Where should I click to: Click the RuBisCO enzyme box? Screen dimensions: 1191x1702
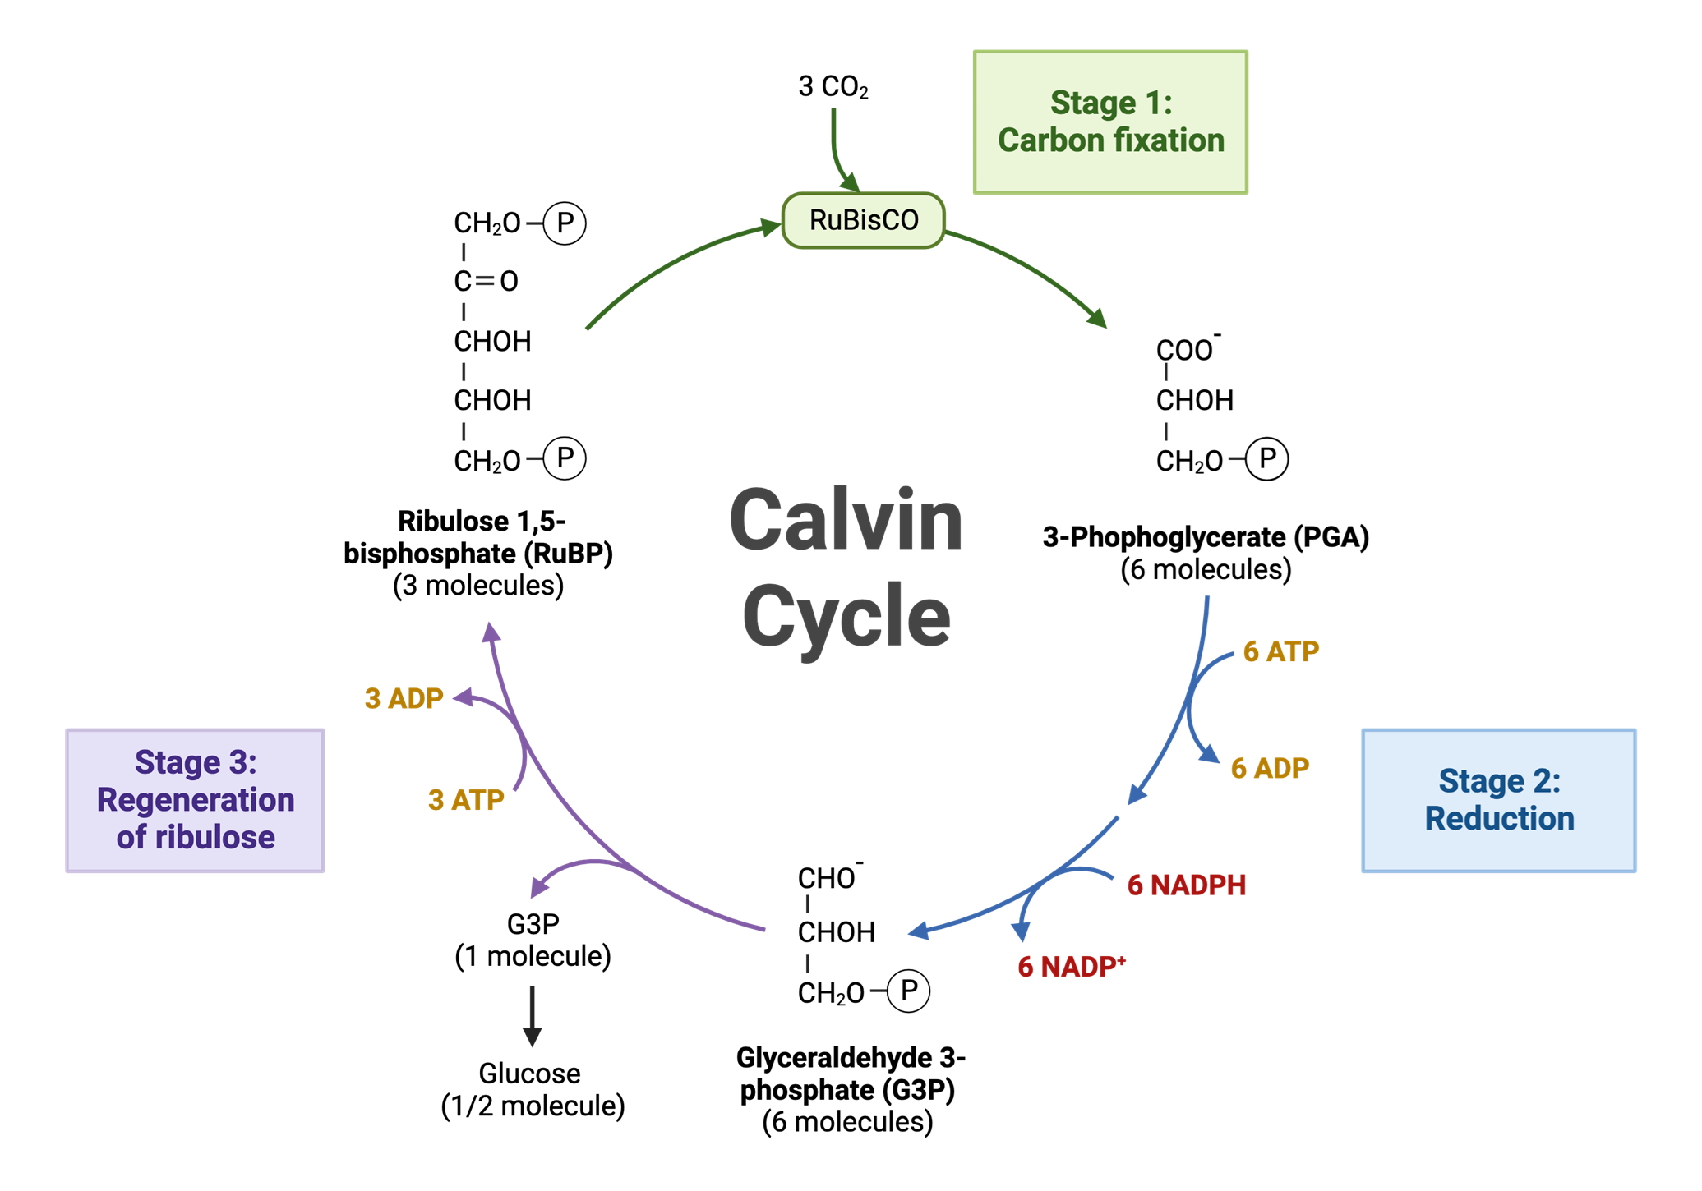tap(863, 220)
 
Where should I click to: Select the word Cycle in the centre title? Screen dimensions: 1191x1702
tap(846, 617)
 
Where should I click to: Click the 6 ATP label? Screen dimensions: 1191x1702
tap(1280, 651)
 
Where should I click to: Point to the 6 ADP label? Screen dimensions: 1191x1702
tap(1270, 768)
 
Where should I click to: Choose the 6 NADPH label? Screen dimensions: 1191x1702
tap(1187, 885)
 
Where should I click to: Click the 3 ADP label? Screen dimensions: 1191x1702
tap(404, 698)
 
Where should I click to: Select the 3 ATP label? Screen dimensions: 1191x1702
tap(466, 800)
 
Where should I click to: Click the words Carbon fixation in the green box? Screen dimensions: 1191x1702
tap(1111, 140)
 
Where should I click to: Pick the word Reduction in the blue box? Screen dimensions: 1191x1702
tap(1499, 819)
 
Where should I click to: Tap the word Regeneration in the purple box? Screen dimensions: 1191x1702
tap(196, 800)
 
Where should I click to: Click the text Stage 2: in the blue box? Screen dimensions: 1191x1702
tap(1499, 781)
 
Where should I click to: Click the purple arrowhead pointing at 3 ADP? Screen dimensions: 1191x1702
tap(463, 697)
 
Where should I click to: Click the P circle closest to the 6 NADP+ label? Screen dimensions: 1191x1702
tap(908, 991)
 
